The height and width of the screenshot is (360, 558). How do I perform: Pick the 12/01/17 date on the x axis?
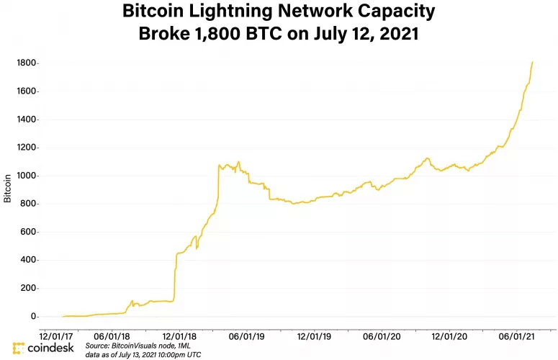(55, 336)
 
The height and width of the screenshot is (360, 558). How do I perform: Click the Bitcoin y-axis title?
(7, 187)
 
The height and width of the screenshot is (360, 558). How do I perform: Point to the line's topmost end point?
(532, 62)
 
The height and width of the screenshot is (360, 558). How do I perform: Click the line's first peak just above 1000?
(219, 165)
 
